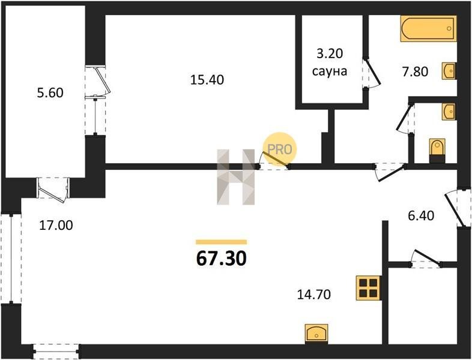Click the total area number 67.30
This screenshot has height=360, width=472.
pyautogui.click(x=221, y=259)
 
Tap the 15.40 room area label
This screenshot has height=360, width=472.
pyautogui.click(x=207, y=80)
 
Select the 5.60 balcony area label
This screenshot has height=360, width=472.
pyautogui.click(x=50, y=92)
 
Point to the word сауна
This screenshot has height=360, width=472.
pyautogui.click(x=330, y=71)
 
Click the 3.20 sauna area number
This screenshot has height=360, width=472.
pyautogui.click(x=330, y=54)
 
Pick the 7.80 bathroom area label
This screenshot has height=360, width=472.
pyautogui.click(x=415, y=72)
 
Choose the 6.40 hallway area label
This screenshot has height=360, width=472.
pyautogui.click(x=420, y=215)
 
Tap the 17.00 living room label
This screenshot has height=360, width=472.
pyautogui.click(x=56, y=225)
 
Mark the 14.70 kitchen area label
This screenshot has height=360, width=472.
pyautogui.click(x=314, y=295)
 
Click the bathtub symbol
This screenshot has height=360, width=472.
pyautogui.click(x=428, y=28)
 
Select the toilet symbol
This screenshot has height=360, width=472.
pyautogui.click(x=437, y=151)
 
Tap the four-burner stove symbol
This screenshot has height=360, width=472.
pyautogui.click(x=369, y=288)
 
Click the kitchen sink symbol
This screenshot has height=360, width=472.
pyautogui.click(x=316, y=334)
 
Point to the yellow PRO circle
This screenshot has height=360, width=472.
pyautogui.click(x=280, y=149)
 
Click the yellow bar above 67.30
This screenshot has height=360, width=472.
pyautogui.click(x=221, y=242)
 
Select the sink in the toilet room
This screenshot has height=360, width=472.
pyautogui.click(x=449, y=112)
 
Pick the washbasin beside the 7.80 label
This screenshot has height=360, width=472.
pyautogui.click(x=449, y=71)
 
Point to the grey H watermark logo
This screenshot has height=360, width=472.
pyautogui.click(x=235, y=177)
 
